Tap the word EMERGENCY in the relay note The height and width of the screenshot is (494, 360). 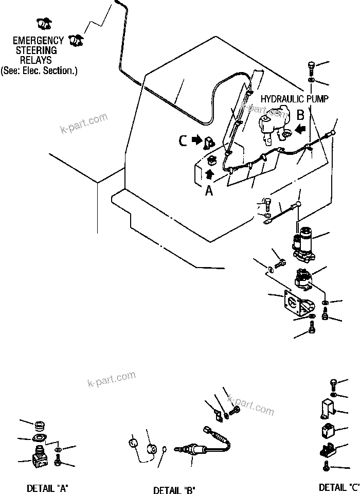click(x=38, y=41)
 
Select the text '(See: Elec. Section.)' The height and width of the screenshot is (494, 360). click(x=39, y=70)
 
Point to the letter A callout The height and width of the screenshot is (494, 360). click(x=209, y=191)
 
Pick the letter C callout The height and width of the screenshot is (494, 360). click(x=183, y=139)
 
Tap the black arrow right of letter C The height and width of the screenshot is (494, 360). click(x=196, y=139)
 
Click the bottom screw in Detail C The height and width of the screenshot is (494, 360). click(x=327, y=467)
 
